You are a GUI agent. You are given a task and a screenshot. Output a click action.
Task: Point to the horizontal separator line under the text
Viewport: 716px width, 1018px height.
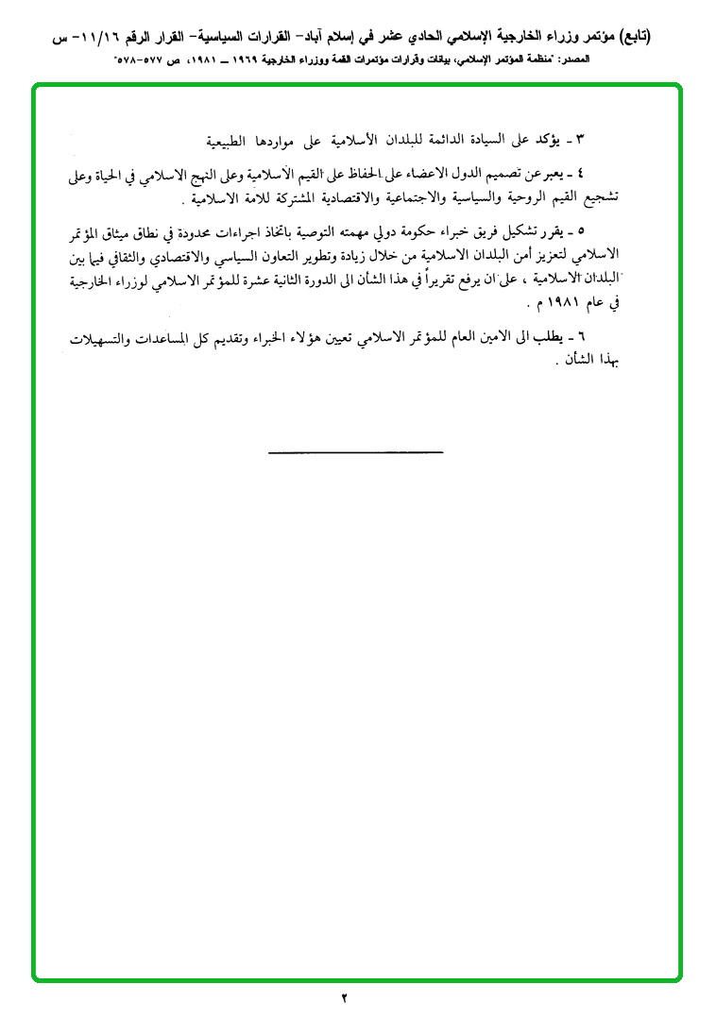coord(355,453)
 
